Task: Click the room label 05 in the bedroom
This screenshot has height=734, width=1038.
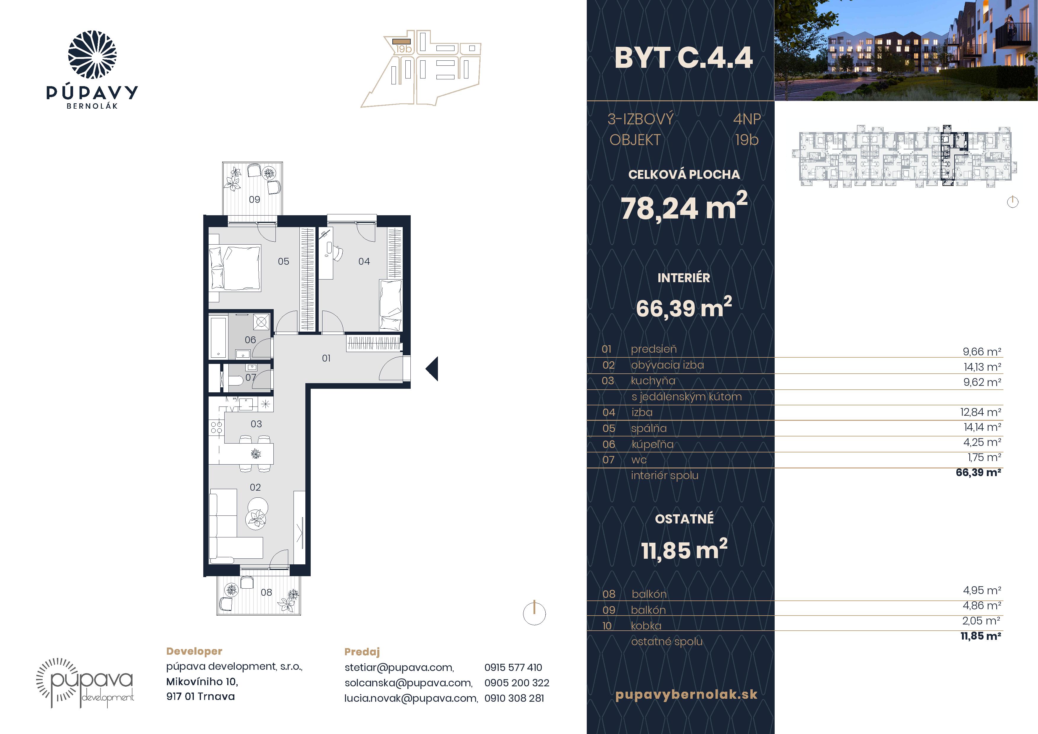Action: click(283, 261)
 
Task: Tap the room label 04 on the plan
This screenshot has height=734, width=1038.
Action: click(364, 261)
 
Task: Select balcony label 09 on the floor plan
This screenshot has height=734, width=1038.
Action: click(254, 200)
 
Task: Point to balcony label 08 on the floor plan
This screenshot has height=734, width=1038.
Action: click(266, 592)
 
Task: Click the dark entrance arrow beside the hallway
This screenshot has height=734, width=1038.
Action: click(433, 369)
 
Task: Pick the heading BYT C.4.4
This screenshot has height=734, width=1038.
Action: click(684, 58)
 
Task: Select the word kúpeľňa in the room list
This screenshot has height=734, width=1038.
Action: click(652, 444)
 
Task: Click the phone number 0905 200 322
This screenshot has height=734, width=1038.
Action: click(517, 683)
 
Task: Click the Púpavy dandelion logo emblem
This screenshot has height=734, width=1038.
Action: click(92, 55)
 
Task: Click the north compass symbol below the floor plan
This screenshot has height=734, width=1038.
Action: click(534, 613)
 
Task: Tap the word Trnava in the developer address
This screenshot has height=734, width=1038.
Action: click(216, 696)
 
